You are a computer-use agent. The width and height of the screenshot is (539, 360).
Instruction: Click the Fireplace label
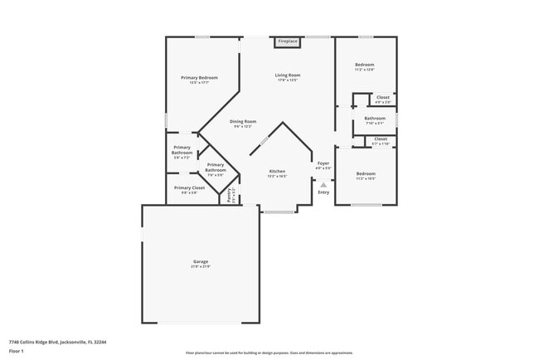(x=287, y=41)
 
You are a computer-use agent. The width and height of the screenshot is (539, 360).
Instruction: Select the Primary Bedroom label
(x=199, y=78)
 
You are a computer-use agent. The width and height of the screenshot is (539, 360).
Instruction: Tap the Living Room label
(x=287, y=75)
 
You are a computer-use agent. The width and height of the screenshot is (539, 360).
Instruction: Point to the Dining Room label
(x=244, y=122)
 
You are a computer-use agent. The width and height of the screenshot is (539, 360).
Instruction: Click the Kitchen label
(x=277, y=172)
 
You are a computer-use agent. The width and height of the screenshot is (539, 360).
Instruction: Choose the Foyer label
(x=323, y=164)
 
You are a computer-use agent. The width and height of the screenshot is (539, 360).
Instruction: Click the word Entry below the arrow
(x=323, y=192)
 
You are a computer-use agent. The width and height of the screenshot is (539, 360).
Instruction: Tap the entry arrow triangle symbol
(x=323, y=185)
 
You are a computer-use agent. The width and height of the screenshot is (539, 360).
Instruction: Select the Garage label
(x=201, y=261)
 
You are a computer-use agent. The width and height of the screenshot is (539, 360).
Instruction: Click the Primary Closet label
(x=189, y=187)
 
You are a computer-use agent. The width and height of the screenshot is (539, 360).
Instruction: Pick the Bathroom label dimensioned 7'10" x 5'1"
(x=375, y=119)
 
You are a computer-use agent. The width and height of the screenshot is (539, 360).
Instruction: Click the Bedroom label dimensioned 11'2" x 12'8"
(x=365, y=65)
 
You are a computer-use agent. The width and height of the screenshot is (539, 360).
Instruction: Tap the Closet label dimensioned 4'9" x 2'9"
(x=382, y=98)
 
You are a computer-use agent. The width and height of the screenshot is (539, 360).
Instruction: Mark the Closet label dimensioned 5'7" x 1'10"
(x=380, y=139)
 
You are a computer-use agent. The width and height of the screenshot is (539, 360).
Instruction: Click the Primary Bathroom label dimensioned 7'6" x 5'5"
(x=216, y=168)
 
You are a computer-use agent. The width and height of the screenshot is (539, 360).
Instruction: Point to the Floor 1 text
(x=17, y=350)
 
